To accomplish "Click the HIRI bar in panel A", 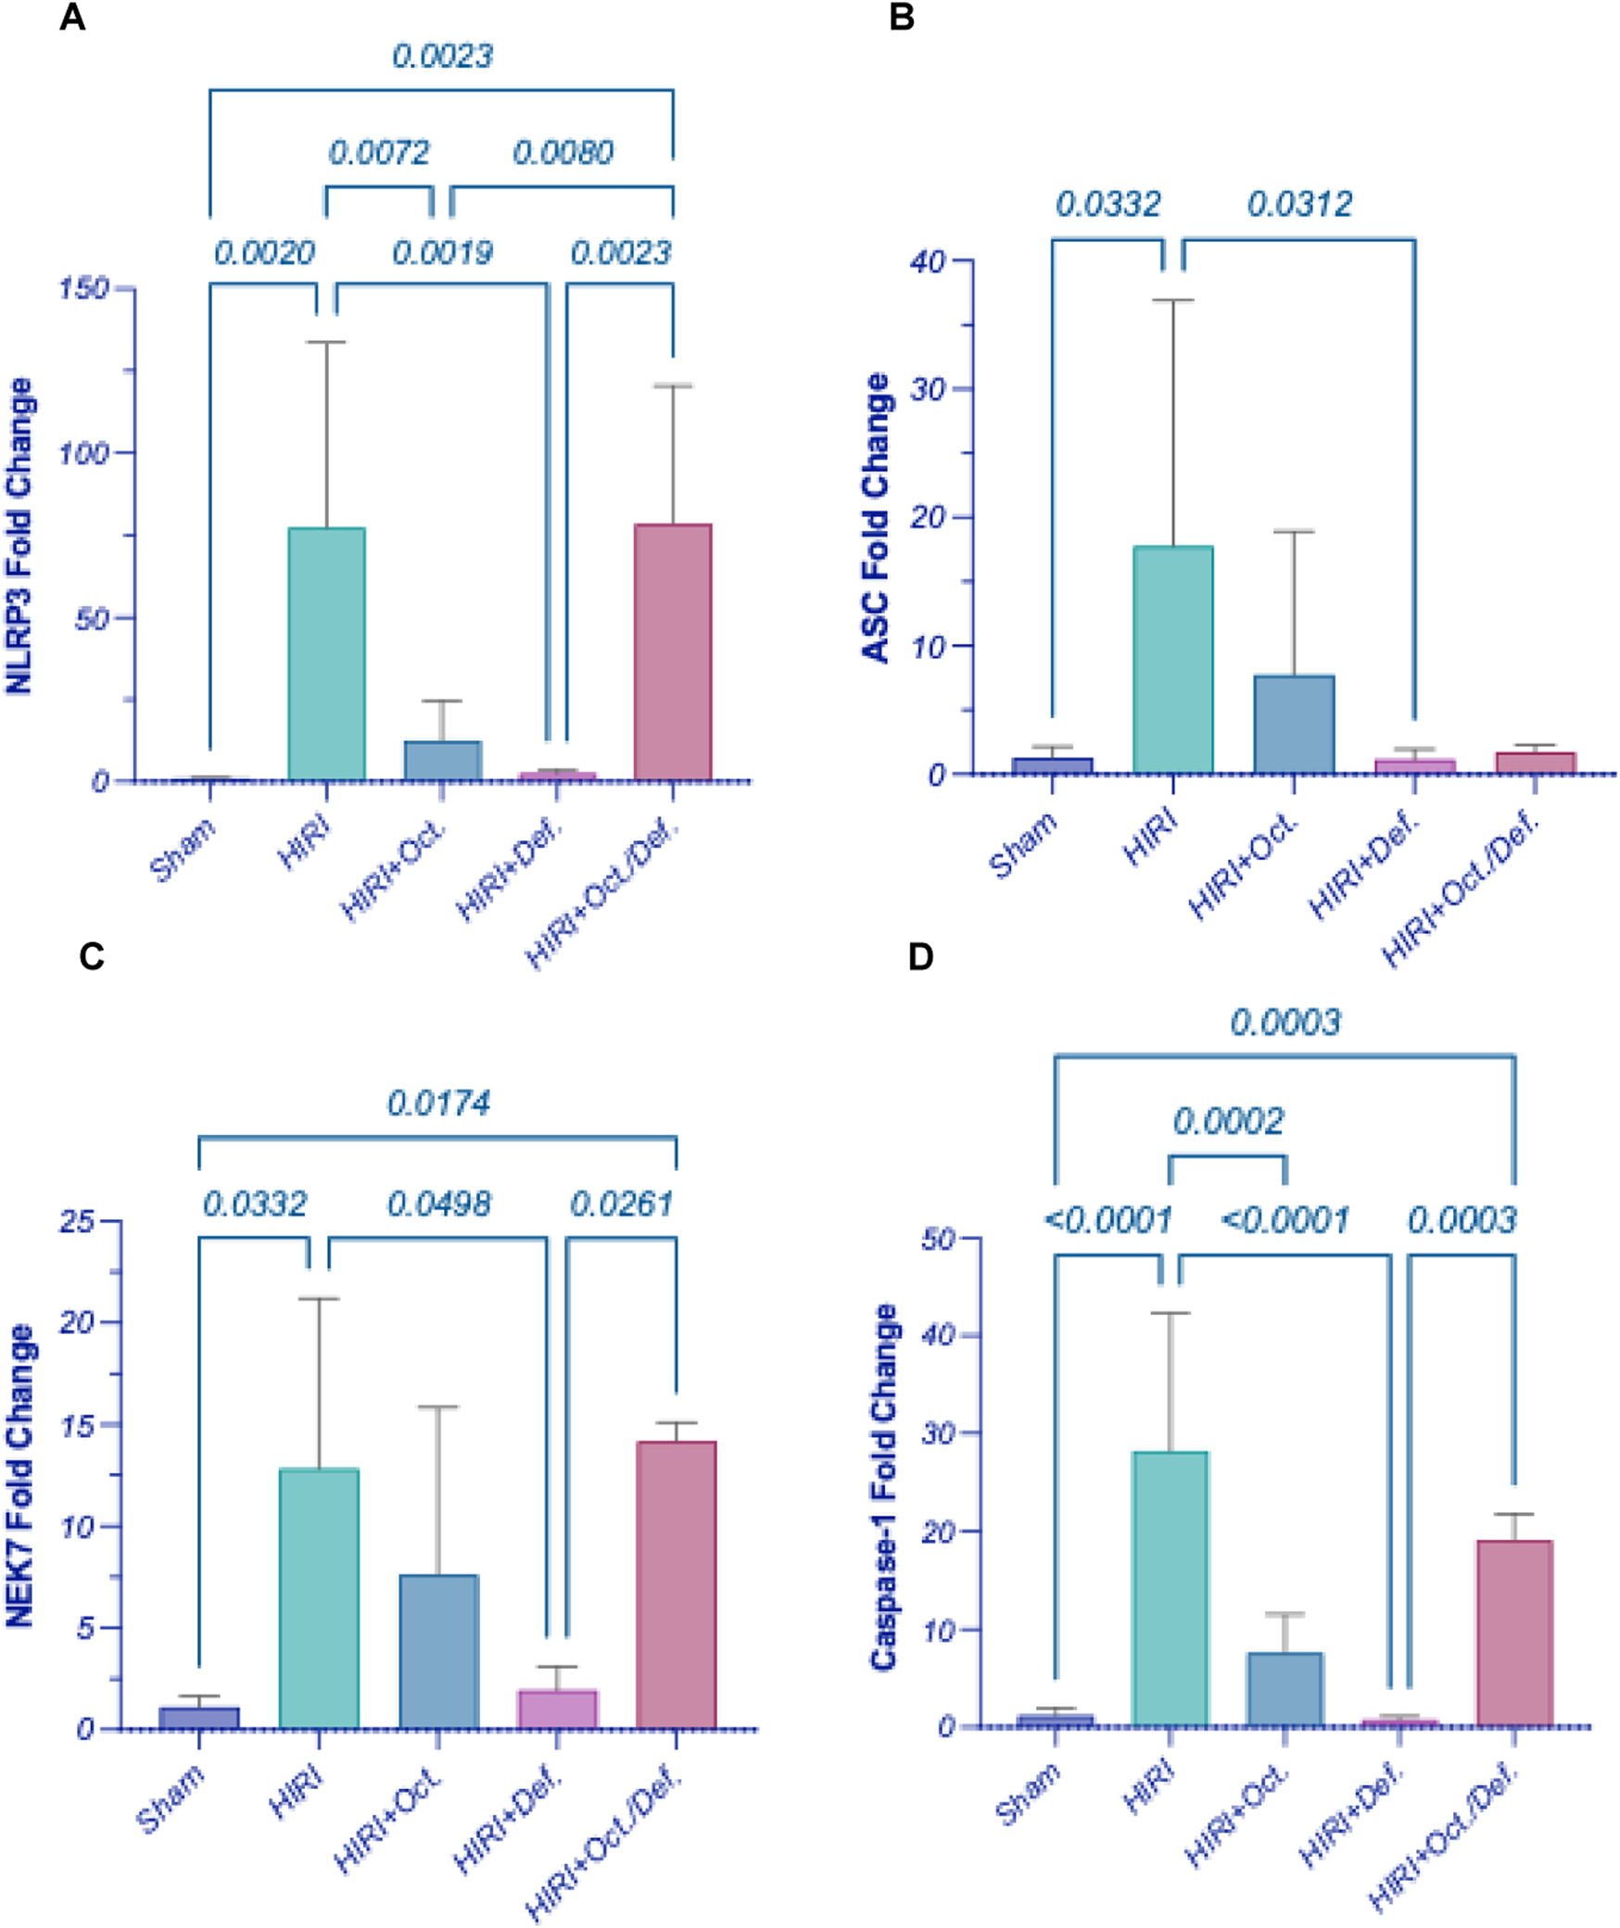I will coord(326,653).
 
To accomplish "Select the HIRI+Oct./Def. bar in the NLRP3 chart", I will coord(673,651).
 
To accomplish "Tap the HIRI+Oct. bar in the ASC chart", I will coord(1294,724).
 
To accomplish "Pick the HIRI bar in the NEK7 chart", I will coord(319,1598).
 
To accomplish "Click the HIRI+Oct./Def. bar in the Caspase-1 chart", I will coord(1514,1632).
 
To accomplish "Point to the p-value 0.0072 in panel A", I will coord(379,152).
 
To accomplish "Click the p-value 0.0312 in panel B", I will coord(1299,204).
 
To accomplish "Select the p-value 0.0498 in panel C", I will coord(438,1204).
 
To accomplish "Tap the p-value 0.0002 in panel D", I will coord(1228,1122).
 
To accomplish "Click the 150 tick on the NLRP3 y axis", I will coord(84,288).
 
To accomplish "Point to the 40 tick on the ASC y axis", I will coord(927,261).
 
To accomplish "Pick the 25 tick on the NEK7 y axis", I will coord(77,1221).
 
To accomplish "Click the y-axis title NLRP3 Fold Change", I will coord(20,536).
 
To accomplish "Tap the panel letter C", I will coord(91,956).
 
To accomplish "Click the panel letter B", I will coord(901,17).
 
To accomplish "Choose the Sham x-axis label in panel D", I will coord(1029,1794).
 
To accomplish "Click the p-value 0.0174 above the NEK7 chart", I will coord(438,1103).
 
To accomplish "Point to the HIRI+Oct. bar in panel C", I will coord(439,1650).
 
